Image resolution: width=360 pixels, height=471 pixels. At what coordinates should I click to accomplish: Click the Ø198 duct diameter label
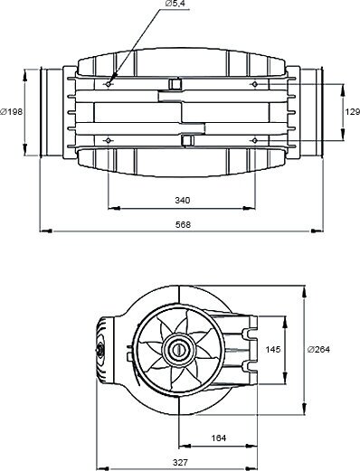tap(12, 112)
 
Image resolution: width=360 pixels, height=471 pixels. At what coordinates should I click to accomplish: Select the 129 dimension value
tap(353, 112)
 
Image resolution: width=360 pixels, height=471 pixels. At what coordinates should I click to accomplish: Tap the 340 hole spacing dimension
tap(183, 200)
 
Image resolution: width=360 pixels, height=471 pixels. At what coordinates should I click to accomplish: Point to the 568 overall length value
tap(183, 224)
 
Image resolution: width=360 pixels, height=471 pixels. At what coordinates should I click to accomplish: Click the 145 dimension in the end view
tap(273, 350)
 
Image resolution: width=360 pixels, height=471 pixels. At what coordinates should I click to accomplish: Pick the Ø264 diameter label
tap(318, 350)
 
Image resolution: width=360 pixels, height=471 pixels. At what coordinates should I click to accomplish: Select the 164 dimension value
tap(219, 438)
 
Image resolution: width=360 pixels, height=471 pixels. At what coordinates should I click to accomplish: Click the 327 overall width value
tap(180, 462)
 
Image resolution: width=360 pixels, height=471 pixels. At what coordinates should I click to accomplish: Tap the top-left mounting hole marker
tap(109, 84)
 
